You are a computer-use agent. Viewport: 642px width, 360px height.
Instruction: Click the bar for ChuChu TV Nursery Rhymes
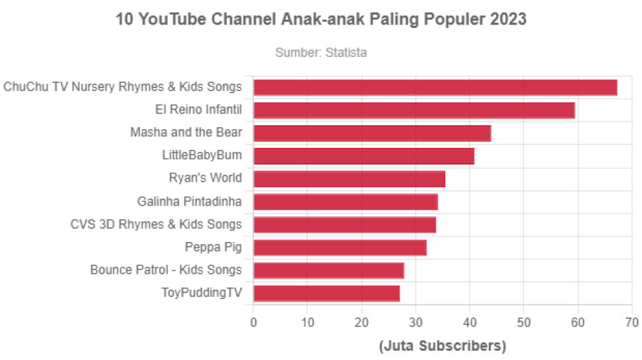pos(435,88)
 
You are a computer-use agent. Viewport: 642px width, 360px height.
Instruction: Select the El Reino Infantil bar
pos(415,110)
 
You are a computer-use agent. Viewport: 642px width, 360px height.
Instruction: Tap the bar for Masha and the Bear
pos(372,133)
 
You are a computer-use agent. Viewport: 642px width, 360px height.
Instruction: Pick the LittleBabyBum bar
pos(364,156)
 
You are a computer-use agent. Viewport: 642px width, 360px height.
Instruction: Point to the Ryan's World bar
pos(350,179)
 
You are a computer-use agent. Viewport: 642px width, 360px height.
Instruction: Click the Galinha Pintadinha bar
pos(346,202)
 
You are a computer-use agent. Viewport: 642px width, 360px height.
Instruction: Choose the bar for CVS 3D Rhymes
pos(345,225)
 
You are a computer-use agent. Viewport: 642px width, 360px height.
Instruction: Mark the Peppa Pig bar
pos(340,247)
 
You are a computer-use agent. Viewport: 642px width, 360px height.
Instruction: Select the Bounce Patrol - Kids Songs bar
pos(329,270)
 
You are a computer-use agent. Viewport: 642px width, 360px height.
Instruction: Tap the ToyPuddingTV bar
pos(327,293)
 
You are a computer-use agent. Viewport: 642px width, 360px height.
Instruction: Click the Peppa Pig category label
pos(214,247)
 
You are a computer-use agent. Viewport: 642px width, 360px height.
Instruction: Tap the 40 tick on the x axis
pos(470,323)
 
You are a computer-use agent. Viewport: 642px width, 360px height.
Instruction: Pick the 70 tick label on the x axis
pos(631,323)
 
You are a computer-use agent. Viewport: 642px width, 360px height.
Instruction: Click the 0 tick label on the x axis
pos(253,323)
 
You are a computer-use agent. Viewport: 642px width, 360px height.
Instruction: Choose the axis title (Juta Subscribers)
pos(442,346)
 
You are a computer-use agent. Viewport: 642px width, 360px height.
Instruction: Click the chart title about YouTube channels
pos(321,20)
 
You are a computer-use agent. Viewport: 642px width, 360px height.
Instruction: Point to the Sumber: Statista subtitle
pos(321,52)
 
